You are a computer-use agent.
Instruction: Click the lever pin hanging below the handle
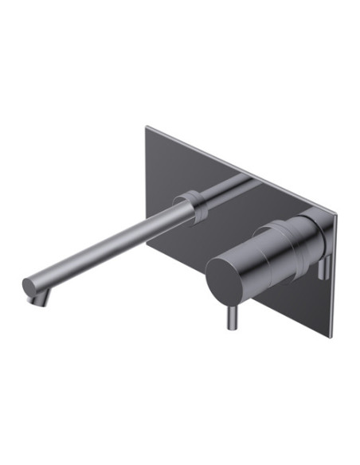pos(232,318)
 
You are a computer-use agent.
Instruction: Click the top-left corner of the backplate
pos(147,125)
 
